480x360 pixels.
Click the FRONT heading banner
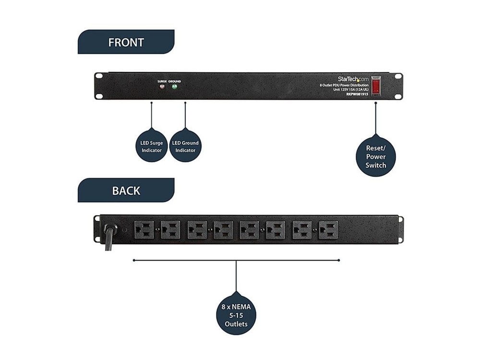126,42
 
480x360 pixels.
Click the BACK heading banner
126,190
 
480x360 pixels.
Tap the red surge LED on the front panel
162,87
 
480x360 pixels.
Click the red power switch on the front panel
376,85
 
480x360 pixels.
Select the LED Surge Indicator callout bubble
152,146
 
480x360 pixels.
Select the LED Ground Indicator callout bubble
185,146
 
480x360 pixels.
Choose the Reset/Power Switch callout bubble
375,156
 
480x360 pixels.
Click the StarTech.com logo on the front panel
351,78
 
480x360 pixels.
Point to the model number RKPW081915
357,95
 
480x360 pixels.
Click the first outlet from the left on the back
144,230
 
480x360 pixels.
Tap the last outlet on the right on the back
328,230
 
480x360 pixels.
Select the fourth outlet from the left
223,230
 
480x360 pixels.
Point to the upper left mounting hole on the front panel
98,76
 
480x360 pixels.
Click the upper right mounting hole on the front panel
398,76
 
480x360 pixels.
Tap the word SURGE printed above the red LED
162,82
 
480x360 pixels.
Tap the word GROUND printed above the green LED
175,82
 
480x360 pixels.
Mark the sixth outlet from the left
276,230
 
